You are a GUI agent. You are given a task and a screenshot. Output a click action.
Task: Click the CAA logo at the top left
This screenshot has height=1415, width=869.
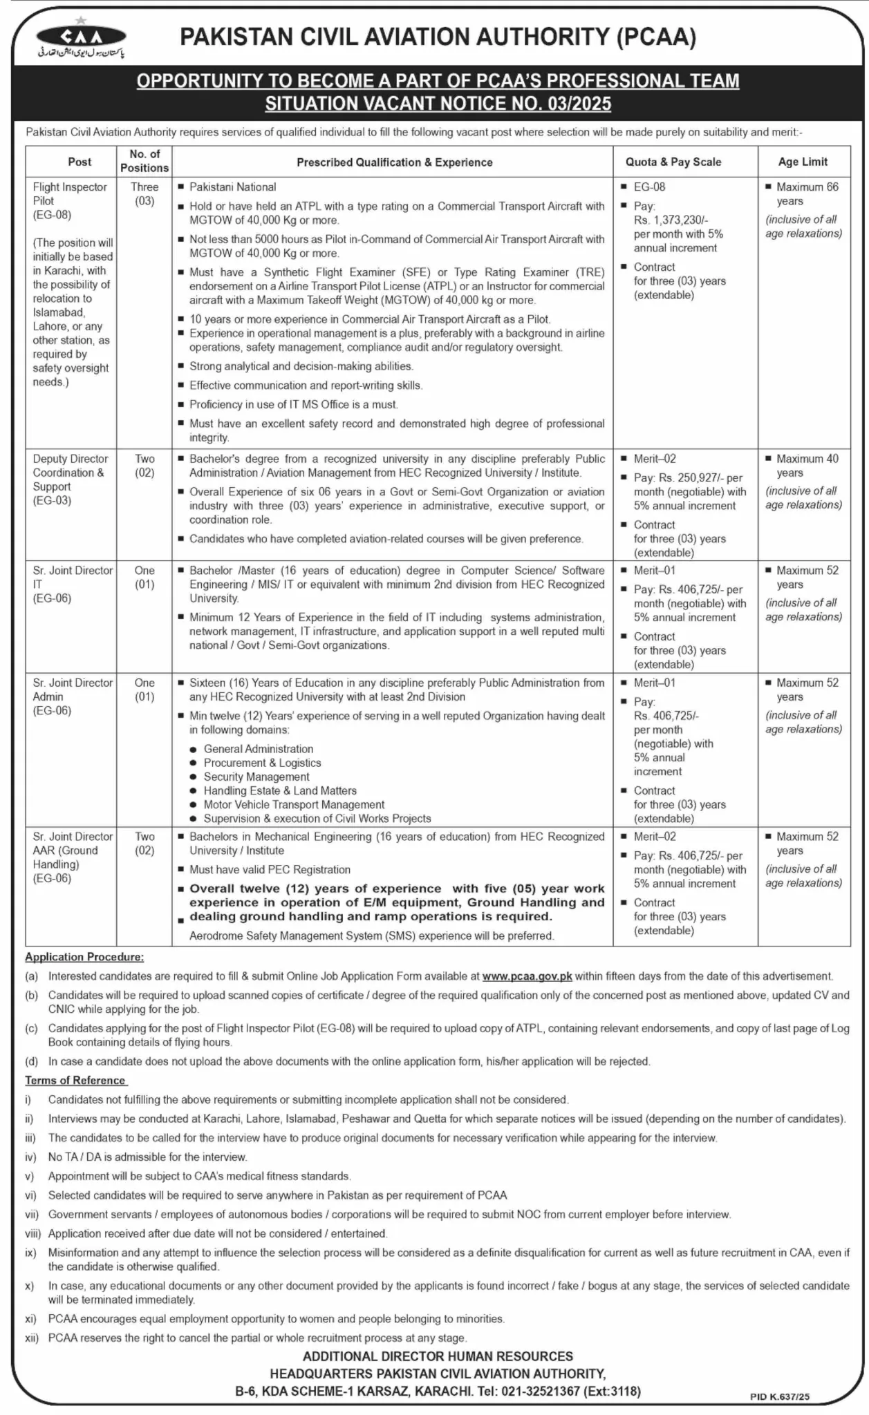82,39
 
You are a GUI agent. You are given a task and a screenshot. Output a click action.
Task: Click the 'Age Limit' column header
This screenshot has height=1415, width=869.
803,162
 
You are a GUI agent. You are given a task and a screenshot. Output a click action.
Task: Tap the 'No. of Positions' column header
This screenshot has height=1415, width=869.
144,161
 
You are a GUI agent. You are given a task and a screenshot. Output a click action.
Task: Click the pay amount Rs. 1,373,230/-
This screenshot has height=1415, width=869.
671,220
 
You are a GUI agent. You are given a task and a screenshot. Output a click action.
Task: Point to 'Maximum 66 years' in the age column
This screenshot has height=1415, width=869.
805,193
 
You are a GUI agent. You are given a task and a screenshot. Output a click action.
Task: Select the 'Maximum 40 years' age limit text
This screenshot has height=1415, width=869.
805,465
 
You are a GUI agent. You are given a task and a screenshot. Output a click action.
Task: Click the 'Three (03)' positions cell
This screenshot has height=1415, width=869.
144,193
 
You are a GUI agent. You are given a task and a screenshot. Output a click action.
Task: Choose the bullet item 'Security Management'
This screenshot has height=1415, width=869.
256,777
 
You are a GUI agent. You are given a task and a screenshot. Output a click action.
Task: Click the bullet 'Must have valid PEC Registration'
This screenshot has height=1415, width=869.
270,869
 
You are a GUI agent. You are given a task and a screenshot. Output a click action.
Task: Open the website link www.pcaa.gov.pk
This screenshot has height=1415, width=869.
527,976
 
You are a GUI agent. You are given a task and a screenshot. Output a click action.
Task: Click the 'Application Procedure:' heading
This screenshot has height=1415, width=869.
84,957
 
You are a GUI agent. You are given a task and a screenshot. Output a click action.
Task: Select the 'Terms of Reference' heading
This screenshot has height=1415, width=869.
75,1080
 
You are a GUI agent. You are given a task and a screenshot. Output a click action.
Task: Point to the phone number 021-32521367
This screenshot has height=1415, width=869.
535,1391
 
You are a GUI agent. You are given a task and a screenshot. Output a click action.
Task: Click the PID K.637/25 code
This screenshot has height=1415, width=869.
779,1396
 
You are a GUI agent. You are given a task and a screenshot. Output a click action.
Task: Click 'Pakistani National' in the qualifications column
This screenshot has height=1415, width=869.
232,187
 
